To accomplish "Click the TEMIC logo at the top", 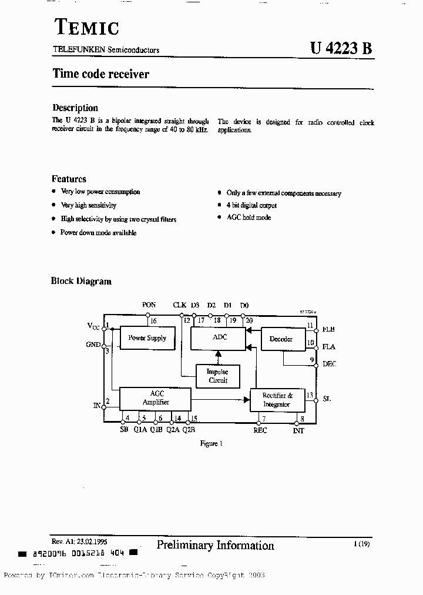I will coord(86,27).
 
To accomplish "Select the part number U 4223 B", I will coord(341,49).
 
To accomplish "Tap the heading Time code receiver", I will coord(100,74).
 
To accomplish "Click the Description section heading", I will coord(75,108).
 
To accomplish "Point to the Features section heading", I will coord(69,179).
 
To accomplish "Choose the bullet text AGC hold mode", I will coord(249,218).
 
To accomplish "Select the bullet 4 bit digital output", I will coord(251,205).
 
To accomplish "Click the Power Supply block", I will coord(147,338).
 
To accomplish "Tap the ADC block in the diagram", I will coord(219,337).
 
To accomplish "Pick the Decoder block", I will coord(281,339).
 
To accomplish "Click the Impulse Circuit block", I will coord(218,376).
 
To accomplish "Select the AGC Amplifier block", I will coord(155,398).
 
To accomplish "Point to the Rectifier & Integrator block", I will coord(277,400).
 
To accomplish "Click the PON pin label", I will coord(149,305).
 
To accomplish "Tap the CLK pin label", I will coord(179,305).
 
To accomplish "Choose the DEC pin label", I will coord(329,364).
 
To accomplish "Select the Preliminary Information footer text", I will coord(215,546).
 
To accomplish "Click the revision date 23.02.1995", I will coord(88,541).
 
